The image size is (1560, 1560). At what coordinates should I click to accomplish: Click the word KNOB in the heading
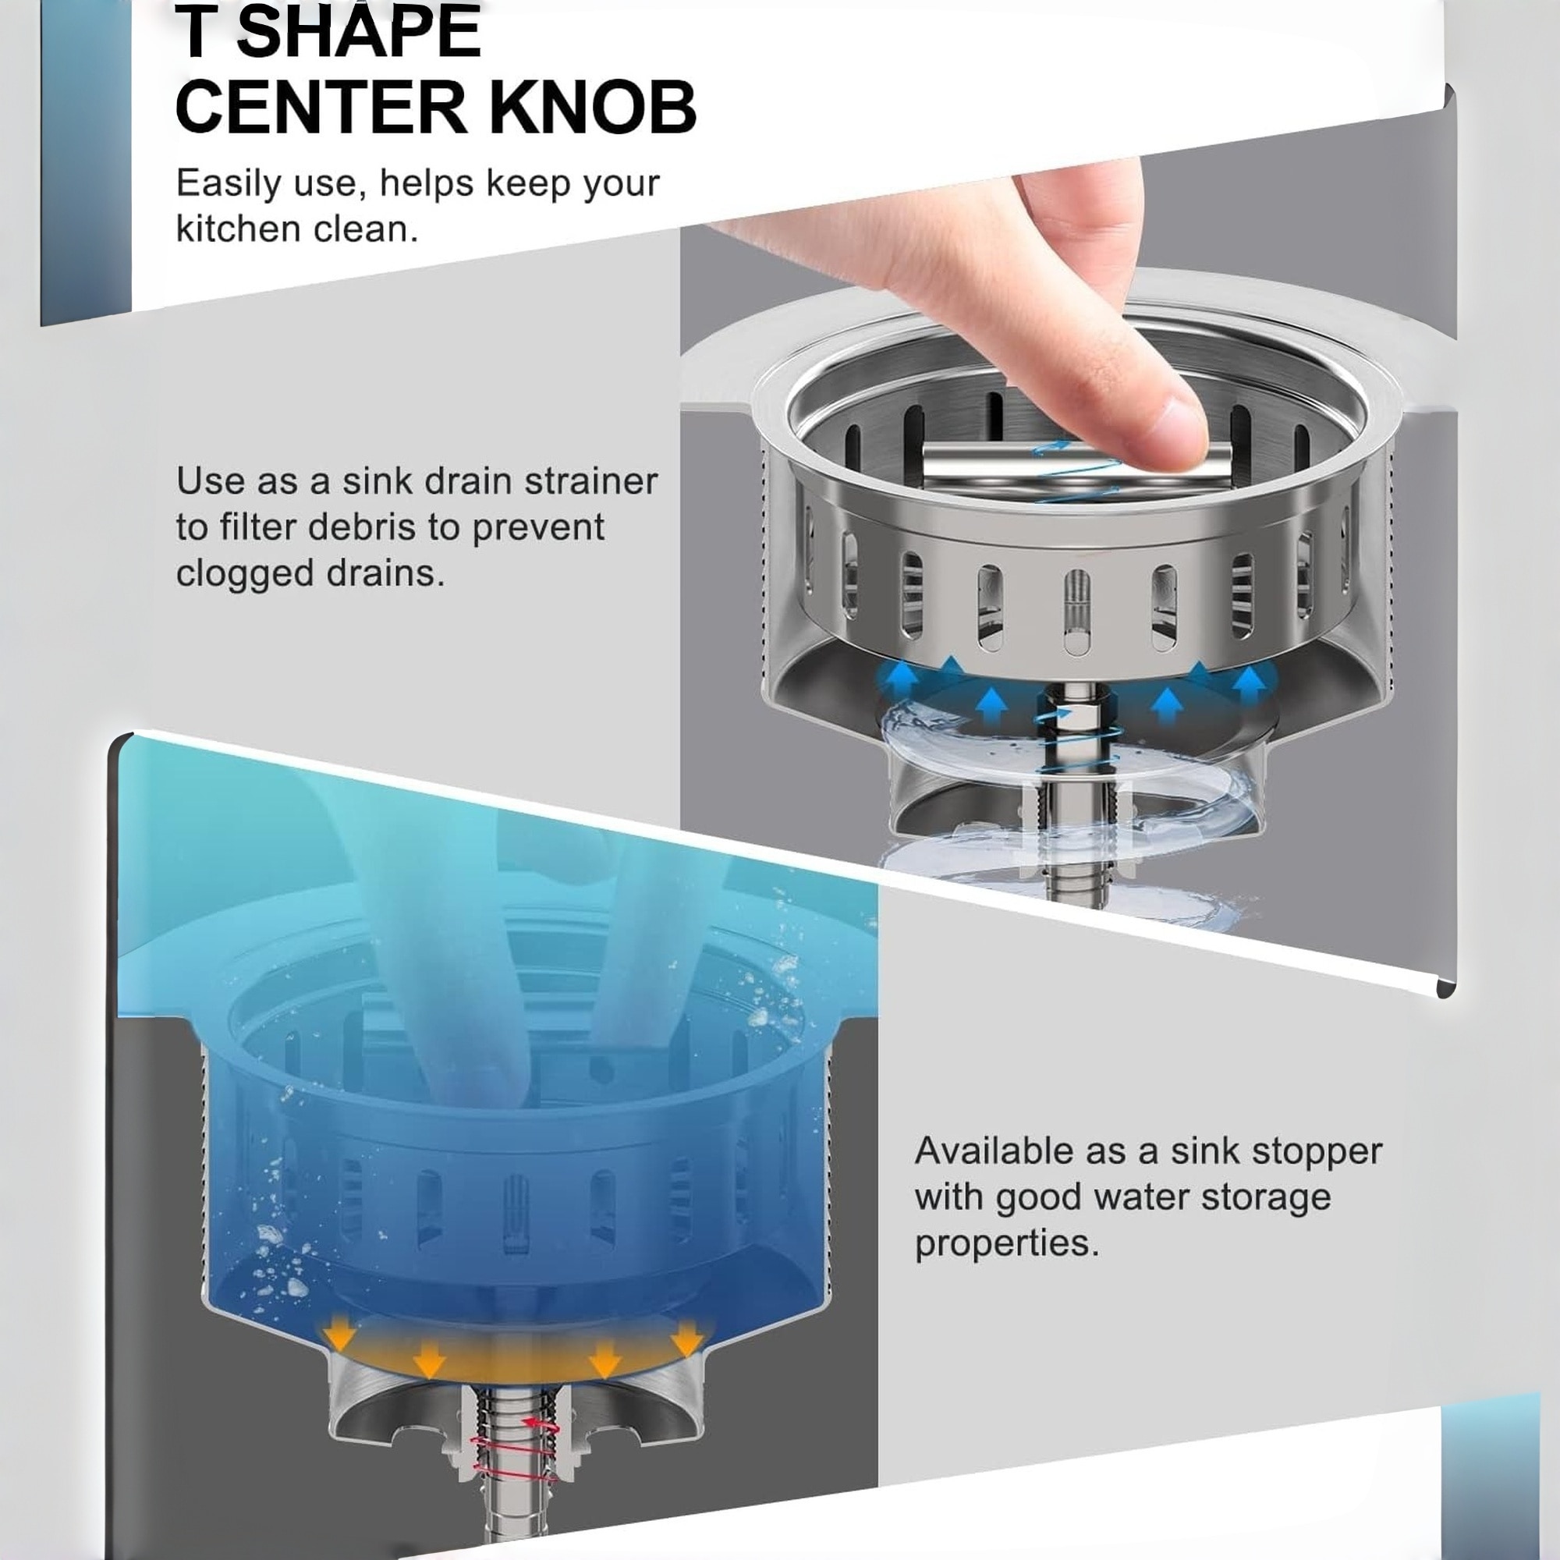(x=593, y=108)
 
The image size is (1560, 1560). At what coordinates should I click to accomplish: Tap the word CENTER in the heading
(x=321, y=108)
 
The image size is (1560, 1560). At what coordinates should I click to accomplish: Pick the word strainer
(x=591, y=481)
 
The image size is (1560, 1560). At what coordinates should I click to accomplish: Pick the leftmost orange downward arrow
(x=340, y=1336)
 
